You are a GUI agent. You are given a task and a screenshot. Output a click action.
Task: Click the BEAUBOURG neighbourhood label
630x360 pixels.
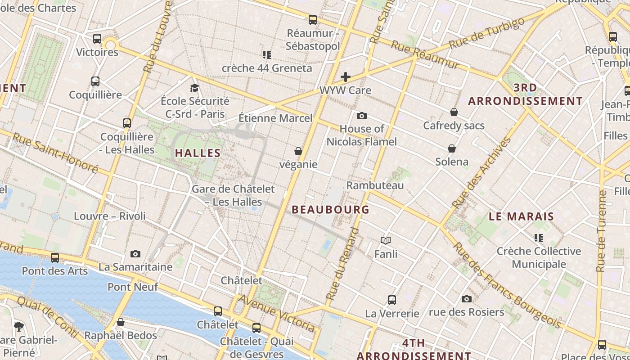pos(331,210)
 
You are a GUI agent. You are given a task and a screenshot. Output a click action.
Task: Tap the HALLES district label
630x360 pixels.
pos(198,153)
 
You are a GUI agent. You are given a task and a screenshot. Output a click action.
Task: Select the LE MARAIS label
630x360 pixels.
pos(522,216)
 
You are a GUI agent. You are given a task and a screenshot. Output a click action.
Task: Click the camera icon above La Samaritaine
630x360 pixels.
pos(135,254)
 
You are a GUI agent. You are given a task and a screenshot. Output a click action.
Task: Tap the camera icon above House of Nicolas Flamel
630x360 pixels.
pos(362,116)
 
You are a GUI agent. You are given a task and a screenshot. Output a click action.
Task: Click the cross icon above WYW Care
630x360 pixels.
pos(346,77)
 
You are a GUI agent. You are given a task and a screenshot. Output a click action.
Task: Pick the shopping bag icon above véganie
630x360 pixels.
pos(298,151)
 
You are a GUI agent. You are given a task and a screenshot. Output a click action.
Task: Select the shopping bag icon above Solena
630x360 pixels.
pos(452,148)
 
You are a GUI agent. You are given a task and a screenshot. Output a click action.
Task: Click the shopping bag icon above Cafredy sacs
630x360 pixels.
pos(454,112)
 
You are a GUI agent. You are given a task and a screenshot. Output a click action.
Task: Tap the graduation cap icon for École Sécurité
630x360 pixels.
pos(194,88)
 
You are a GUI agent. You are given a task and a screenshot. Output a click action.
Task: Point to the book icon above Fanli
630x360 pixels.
pos(386,240)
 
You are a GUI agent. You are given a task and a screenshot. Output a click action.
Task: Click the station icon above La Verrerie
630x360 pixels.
pos(392,300)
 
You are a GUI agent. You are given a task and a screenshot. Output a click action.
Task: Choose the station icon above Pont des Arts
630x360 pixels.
pos(55,258)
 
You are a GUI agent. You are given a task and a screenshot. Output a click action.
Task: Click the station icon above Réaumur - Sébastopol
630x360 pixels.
pos(313,20)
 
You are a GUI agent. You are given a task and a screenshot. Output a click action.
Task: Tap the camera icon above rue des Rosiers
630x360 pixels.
pos(467,299)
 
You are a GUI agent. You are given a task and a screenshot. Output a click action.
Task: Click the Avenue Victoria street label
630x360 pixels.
pos(276,313)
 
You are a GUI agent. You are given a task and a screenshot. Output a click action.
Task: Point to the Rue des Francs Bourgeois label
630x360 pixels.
pos(507,285)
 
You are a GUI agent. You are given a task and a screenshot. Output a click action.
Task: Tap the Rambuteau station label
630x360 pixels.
pos(375,185)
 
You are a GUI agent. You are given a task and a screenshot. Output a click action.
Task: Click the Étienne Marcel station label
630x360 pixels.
pos(275,118)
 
